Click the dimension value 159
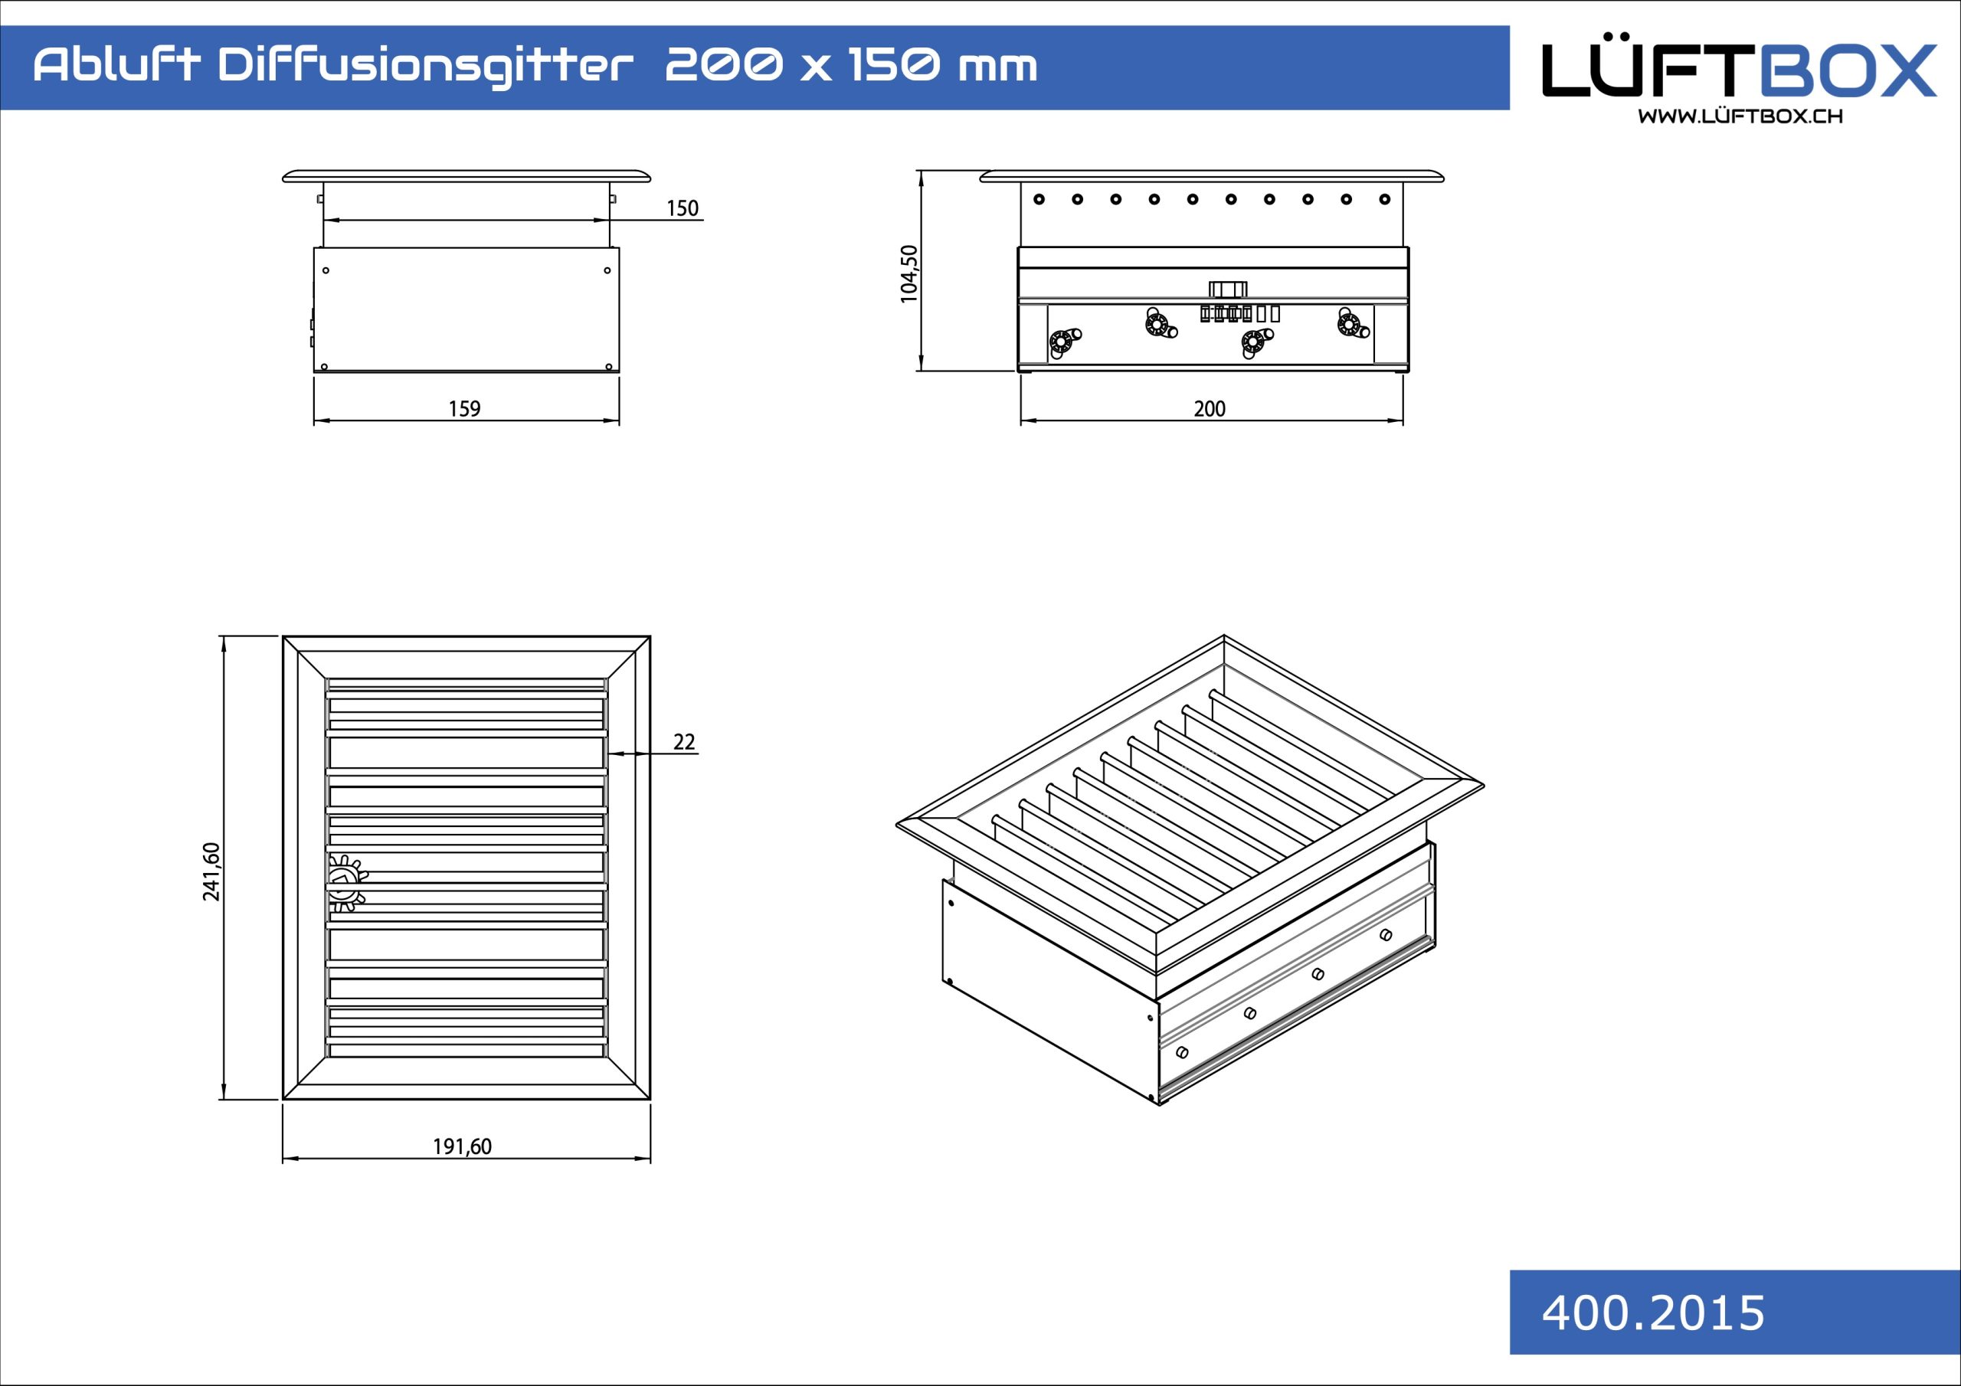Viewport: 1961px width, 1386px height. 465,409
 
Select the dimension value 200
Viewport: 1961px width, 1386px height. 1210,409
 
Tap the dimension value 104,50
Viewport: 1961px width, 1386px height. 908,273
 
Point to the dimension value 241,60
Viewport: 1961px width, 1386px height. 211,871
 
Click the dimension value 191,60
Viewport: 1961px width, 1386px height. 462,1146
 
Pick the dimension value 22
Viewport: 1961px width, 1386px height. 684,742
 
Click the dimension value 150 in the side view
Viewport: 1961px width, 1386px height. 683,208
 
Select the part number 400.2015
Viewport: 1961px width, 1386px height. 1652,1312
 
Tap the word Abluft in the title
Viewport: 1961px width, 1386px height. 117,65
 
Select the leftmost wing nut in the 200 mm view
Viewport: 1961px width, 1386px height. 1064,342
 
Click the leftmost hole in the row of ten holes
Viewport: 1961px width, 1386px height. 1039,199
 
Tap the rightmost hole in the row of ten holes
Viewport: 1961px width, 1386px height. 1384,199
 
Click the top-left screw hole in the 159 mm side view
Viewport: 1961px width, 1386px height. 326,271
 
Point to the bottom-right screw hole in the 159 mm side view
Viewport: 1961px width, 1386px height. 608,368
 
